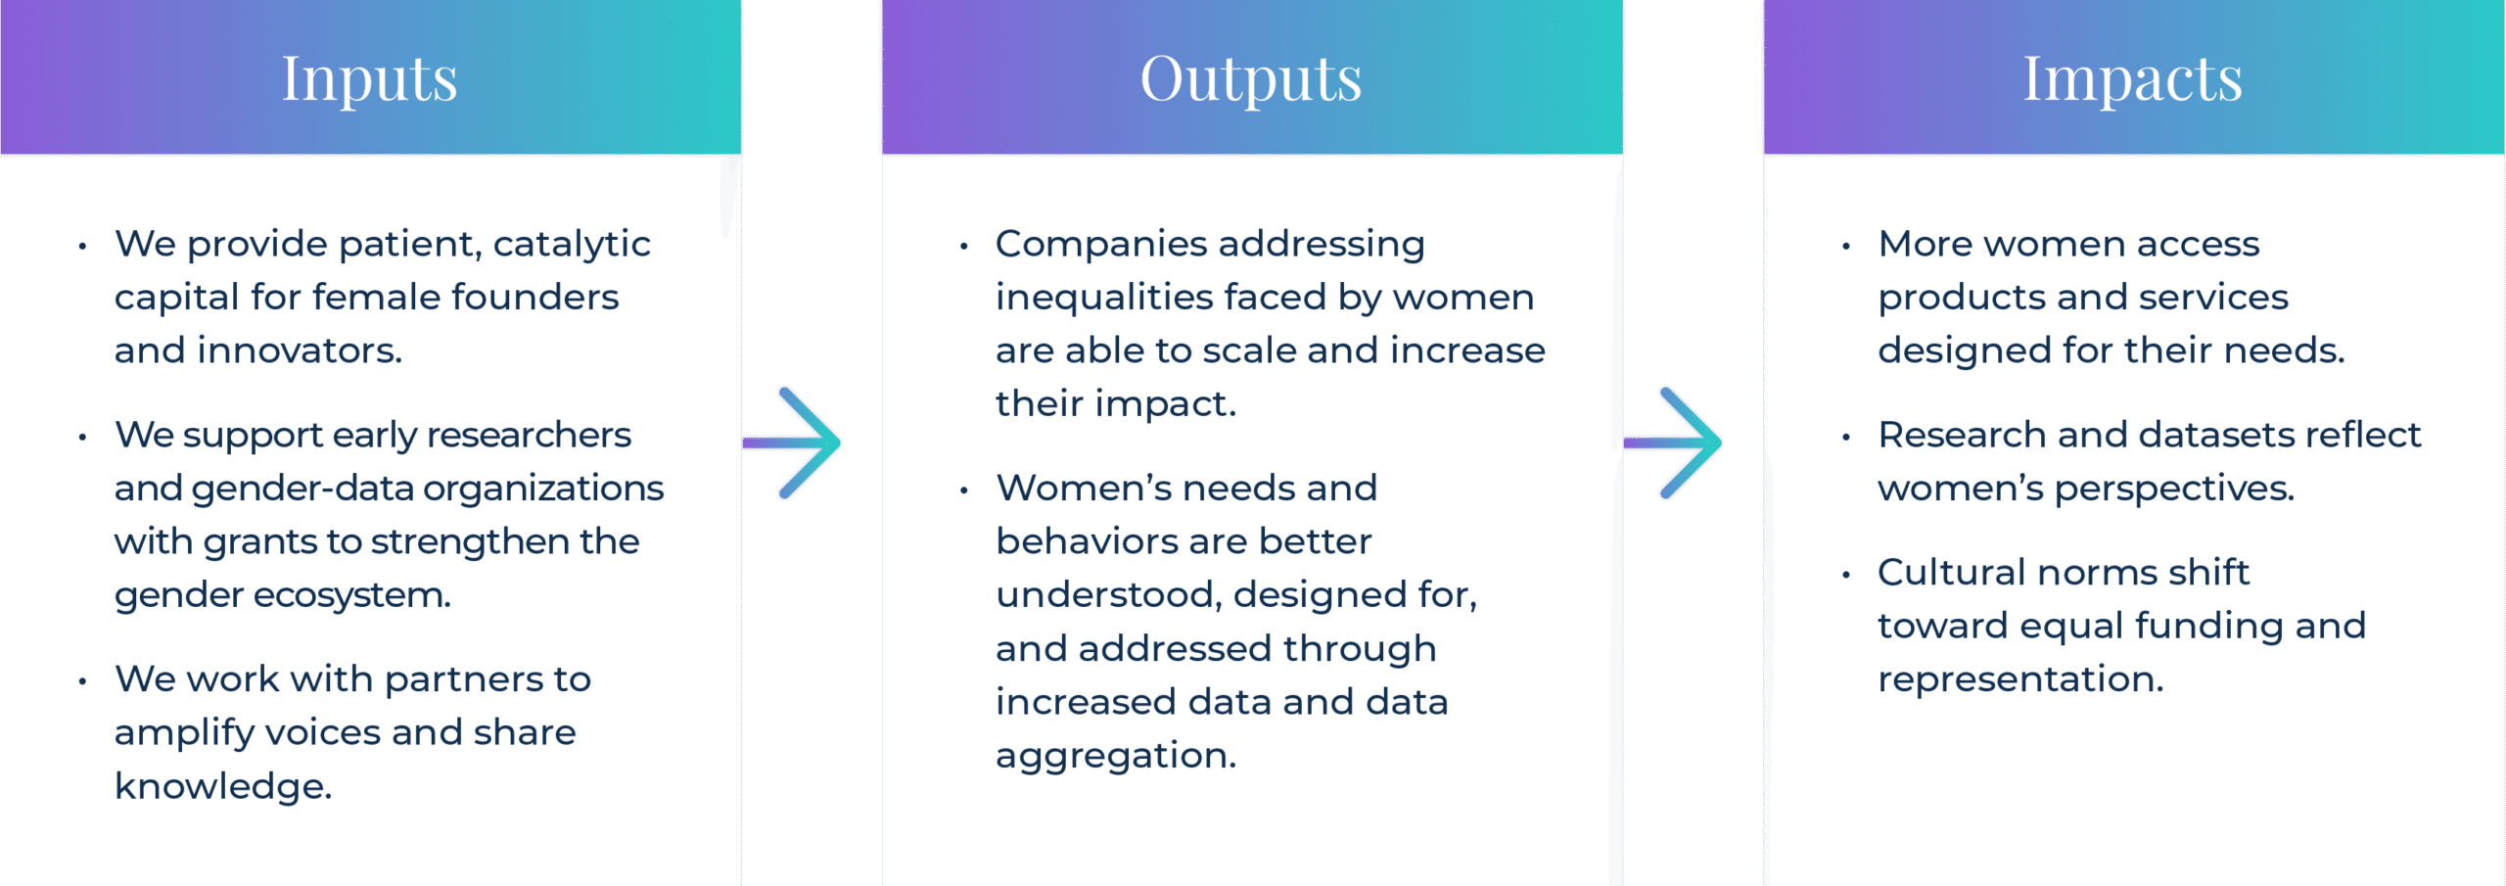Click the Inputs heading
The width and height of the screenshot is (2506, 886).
point(369,78)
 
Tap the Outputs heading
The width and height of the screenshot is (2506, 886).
point(1251,78)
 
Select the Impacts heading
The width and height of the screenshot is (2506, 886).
point(2133,78)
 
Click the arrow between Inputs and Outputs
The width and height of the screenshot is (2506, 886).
point(792,443)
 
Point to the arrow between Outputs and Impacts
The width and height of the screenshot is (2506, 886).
point(1673,443)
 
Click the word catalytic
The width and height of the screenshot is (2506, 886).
point(572,244)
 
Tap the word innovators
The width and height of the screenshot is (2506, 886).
point(300,350)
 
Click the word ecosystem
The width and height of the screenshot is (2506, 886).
point(352,595)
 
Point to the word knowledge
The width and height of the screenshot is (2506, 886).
point(223,786)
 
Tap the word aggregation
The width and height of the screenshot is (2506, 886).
point(1116,756)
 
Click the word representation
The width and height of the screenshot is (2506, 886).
point(2020,679)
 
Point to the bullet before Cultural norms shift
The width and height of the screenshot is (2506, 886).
point(1846,575)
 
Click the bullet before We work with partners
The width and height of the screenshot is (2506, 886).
point(83,681)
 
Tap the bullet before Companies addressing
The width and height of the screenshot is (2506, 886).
point(964,246)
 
